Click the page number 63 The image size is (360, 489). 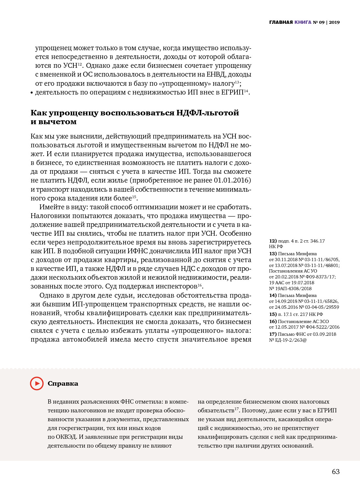click(336, 472)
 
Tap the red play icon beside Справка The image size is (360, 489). click(37, 383)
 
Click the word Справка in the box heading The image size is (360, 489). click(63, 384)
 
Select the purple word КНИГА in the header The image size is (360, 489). click(303, 22)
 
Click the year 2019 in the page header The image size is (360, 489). click(334, 22)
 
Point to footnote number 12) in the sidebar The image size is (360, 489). click(273, 241)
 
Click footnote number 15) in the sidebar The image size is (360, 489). click(273, 314)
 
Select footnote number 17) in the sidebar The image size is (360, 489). click(273, 334)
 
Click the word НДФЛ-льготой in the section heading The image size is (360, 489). click(208, 113)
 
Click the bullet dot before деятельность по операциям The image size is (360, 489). click(32, 93)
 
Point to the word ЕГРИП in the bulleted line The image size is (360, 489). click(232, 92)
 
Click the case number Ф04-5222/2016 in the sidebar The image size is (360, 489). click(322, 327)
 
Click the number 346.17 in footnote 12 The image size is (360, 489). click(318, 241)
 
